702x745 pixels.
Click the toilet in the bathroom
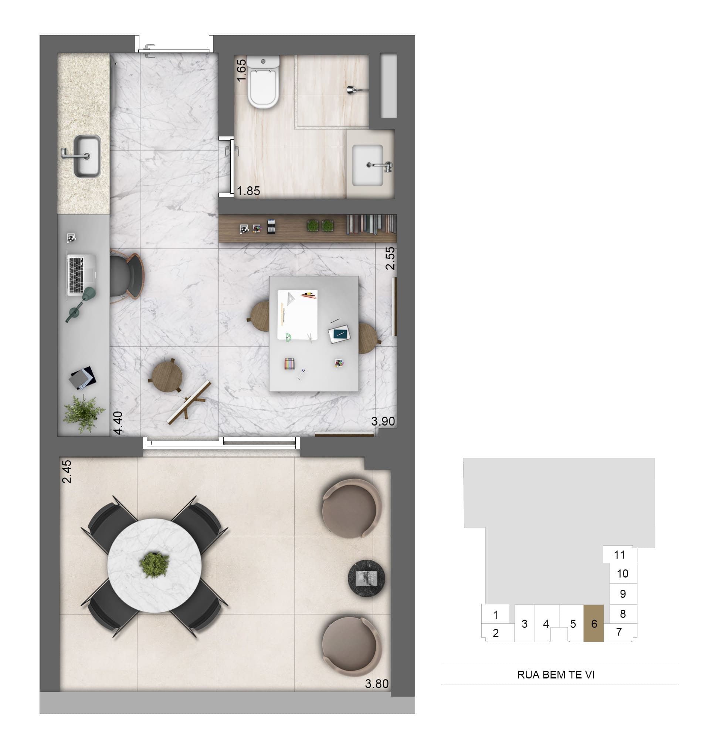click(263, 81)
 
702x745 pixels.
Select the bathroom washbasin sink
click(367, 165)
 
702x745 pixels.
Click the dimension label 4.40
click(118, 423)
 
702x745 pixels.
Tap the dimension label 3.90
click(383, 421)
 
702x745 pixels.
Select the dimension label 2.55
click(390, 258)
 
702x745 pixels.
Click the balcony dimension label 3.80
click(377, 684)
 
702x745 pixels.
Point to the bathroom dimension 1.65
click(241, 70)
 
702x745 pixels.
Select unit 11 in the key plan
click(620, 555)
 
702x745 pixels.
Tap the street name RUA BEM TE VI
click(556, 675)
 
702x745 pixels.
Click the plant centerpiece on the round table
click(154, 565)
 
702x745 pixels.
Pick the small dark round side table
click(366, 578)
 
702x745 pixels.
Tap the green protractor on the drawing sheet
click(288, 338)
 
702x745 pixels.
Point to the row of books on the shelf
click(371, 224)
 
